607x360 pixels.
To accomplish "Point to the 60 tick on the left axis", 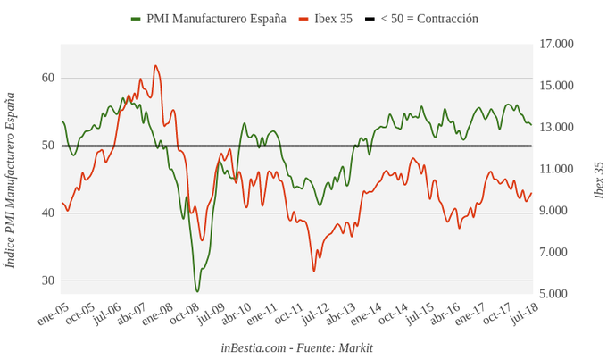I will point(47,78).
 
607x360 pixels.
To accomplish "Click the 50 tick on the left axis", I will point(47,145).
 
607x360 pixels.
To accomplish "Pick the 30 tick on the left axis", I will point(47,280).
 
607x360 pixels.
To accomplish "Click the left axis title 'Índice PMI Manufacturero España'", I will point(11,180).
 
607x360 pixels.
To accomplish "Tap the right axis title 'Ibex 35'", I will point(598,180).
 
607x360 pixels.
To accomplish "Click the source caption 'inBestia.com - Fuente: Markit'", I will point(296,347).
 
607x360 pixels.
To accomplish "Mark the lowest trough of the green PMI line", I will point(197,291).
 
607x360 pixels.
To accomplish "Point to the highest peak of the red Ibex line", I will point(155,65).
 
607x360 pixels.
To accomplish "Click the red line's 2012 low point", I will point(314,271).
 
